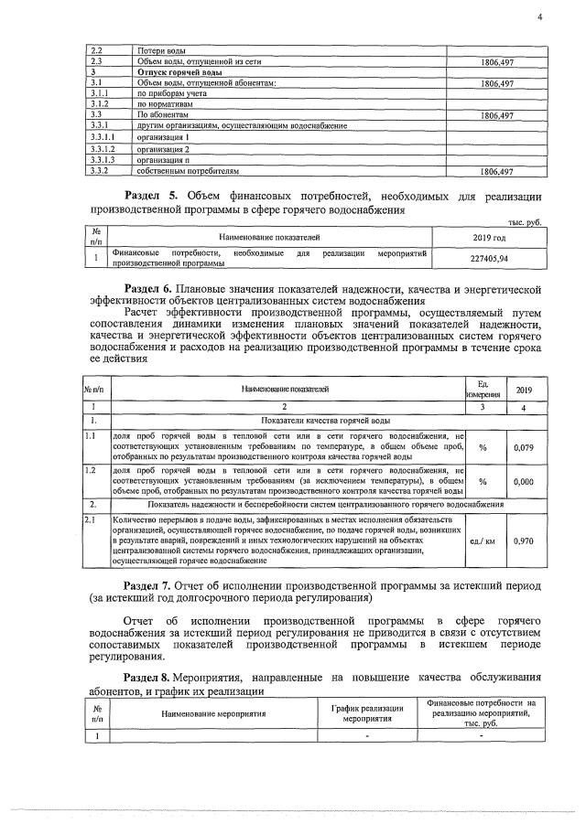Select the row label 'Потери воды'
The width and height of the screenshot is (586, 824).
159,51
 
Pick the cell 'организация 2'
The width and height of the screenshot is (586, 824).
164,148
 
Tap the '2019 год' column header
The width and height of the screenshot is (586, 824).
494,237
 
